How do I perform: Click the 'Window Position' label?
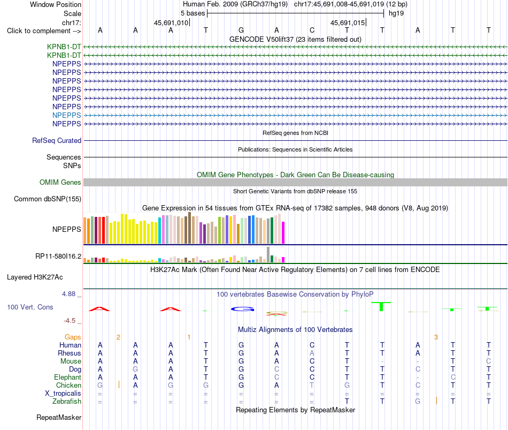pos(56,4)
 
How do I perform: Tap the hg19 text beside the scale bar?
pos(396,13)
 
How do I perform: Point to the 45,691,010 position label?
pos(171,22)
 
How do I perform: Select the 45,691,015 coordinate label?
pos(348,22)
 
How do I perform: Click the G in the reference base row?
pos(241,30)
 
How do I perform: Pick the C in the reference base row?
pos(312,30)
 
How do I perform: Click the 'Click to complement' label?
pos(44,31)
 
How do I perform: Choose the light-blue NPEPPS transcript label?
pos(67,115)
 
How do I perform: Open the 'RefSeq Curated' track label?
pos(57,140)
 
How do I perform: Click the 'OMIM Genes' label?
pos(60,183)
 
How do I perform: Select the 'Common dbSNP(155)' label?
pos(48,199)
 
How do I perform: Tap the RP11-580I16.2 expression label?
pos(58,257)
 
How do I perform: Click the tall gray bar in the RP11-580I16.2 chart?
pos(268,254)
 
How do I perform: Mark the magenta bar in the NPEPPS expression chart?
pos(283,232)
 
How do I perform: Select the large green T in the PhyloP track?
pos(381,306)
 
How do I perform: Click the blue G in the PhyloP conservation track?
pos(242,309)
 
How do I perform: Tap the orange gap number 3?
pos(436,337)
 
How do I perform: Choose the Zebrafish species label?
pos(67,402)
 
